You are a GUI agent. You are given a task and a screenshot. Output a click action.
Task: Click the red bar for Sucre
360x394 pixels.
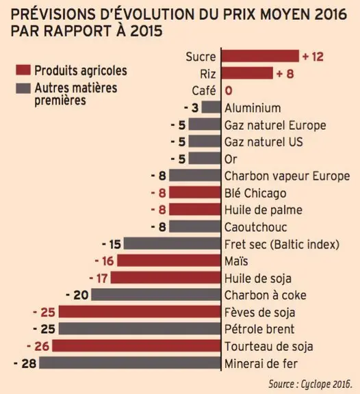[260, 56]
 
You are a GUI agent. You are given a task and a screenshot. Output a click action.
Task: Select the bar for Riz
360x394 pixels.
[247, 73]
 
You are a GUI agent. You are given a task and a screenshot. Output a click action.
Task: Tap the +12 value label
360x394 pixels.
[313, 57]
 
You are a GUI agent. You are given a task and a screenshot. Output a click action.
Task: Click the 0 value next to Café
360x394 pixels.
[229, 90]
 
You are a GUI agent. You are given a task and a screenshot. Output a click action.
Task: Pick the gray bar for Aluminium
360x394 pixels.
[211, 107]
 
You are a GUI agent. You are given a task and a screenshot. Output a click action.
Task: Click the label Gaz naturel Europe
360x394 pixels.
[275, 125]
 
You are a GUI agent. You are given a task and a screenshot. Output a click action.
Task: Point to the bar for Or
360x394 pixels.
[205, 158]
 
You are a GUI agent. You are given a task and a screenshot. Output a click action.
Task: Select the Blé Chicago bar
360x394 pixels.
[195, 192]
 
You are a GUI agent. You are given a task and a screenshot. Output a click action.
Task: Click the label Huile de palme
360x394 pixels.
[263, 210]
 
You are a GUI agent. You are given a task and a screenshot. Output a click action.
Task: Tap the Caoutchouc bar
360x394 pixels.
[195, 226]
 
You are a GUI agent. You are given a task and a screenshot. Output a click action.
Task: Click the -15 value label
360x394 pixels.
[112, 244]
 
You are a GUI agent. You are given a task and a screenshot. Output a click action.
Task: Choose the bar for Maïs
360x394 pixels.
[169, 261]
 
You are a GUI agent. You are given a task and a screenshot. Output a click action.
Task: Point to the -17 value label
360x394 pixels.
[99, 278]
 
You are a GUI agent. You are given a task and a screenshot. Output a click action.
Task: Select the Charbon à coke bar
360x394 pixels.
[156, 295]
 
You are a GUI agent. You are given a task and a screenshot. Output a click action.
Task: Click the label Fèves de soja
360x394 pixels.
[259, 313]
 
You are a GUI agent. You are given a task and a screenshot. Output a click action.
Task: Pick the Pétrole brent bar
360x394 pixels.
[140, 328]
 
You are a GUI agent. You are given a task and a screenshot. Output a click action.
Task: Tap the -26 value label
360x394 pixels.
[38, 346]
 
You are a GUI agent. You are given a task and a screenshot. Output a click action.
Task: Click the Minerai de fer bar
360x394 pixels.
[130, 363]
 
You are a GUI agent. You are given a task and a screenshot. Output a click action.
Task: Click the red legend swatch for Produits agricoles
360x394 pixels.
[23, 70]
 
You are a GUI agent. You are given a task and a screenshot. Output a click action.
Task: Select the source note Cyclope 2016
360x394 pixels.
[310, 384]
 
